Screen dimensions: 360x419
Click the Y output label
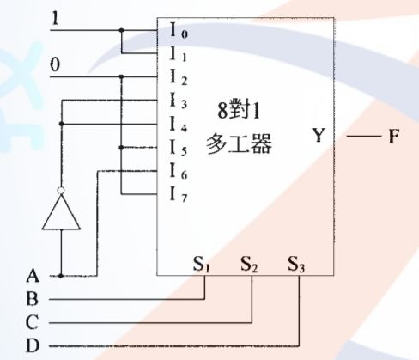[x=319, y=136]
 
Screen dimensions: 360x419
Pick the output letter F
[x=393, y=136]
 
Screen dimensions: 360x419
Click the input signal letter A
[x=33, y=277]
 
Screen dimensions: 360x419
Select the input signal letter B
[x=33, y=300]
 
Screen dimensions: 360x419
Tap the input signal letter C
[x=33, y=323]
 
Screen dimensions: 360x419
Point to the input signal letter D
[x=33, y=346]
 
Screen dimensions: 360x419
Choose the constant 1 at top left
[x=57, y=16]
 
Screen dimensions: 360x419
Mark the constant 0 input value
[x=57, y=64]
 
